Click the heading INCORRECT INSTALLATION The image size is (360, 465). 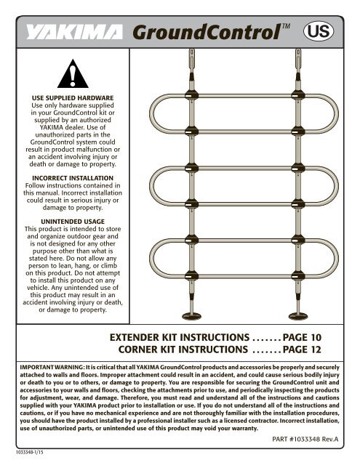pyautogui.click(x=72, y=177)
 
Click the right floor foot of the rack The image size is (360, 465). pyautogui.click(x=299, y=314)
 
